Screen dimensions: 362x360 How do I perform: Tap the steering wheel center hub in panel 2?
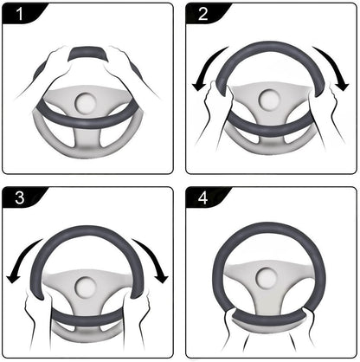pos(271,103)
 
